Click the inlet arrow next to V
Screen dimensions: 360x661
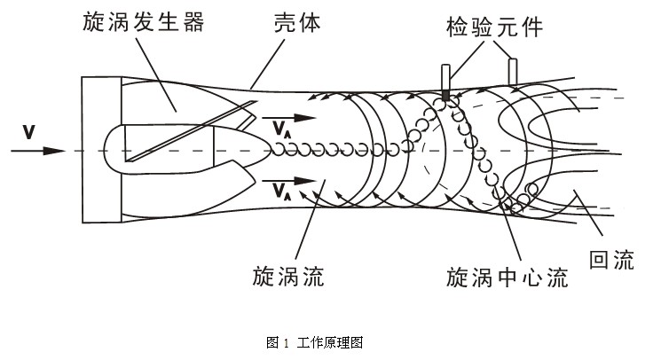[x=39, y=151]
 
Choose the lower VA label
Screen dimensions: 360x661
[x=281, y=192]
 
